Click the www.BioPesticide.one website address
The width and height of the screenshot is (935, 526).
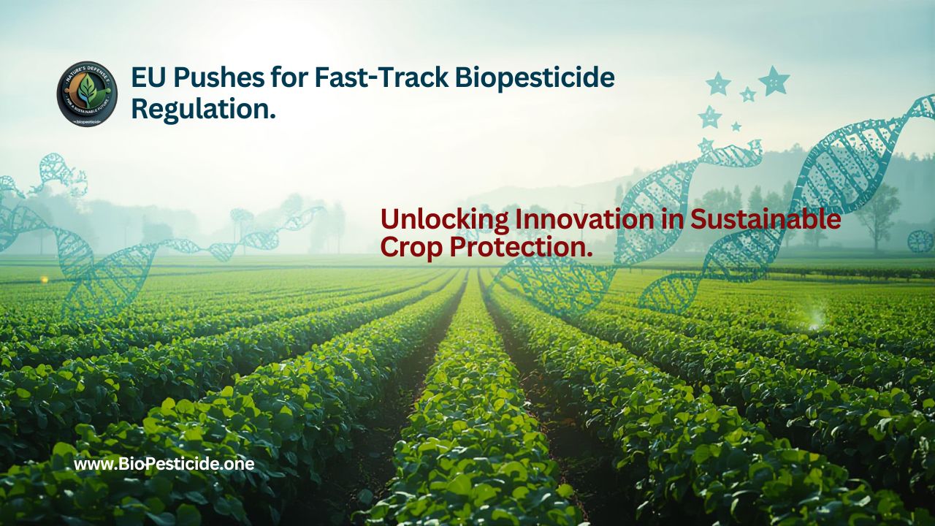click(164, 464)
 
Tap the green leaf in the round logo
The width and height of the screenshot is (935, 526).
click(87, 91)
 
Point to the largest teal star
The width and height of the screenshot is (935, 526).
click(774, 80)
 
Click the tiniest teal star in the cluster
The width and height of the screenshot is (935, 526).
click(736, 126)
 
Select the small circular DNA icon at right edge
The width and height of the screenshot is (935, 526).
click(920, 241)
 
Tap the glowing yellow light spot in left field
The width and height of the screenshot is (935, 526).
click(44, 280)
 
